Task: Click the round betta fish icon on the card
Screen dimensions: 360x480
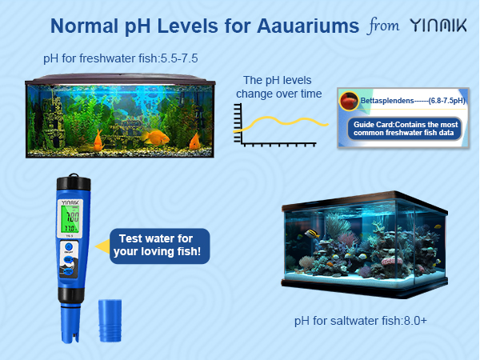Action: tap(350, 101)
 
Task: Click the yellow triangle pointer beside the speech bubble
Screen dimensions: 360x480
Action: tap(101, 247)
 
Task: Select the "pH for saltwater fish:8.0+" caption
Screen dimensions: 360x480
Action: tap(361, 321)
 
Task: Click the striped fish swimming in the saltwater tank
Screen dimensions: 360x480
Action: tap(311, 234)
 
